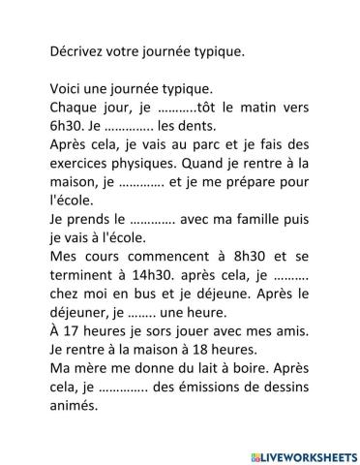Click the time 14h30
click(141, 274)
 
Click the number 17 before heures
click(69, 330)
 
